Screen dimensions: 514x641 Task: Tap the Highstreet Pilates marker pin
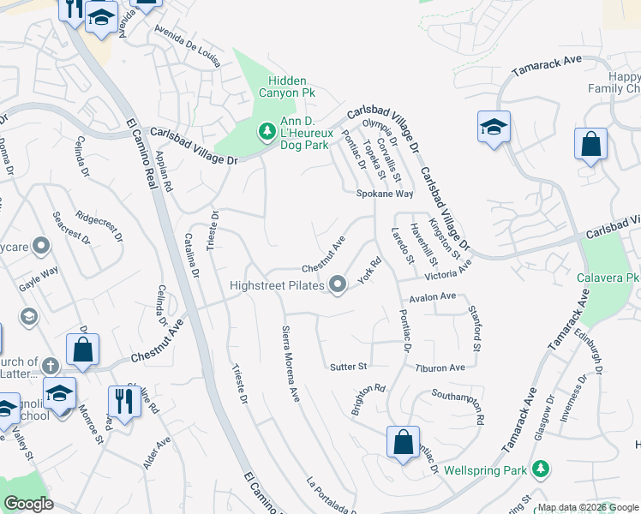[338, 284]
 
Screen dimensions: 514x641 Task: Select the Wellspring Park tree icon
[540, 469]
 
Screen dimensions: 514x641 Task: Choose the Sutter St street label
[348, 367]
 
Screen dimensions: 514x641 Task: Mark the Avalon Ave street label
[433, 296]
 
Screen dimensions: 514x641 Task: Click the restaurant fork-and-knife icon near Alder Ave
[124, 401]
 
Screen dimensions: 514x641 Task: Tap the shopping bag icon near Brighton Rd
[403, 443]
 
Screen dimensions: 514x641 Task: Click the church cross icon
[51, 366]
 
